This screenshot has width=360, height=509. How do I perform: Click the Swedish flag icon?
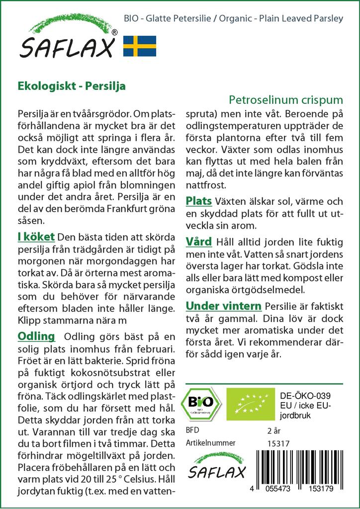coord(140,46)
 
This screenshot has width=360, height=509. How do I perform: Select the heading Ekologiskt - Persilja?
coord(72,85)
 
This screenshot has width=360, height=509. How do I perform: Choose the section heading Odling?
coord(36,337)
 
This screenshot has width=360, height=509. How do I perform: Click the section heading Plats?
coord(199,201)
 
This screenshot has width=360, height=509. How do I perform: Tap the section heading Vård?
coord(199,242)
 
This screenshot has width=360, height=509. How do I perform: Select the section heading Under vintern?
coord(223,305)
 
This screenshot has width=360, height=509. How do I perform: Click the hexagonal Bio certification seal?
coord(202,403)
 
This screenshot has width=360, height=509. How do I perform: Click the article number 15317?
coord(278,443)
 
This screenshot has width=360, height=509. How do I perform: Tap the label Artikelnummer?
coord(210,443)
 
